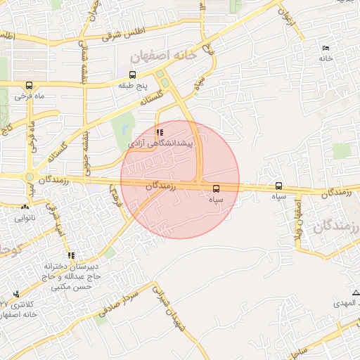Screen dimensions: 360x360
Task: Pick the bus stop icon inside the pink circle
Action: pyautogui.click(x=215, y=188)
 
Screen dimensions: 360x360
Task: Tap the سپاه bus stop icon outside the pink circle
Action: pyautogui.click(x=279, y=186)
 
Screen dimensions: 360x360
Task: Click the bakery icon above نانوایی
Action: pyautogui.click(x=26, y=207)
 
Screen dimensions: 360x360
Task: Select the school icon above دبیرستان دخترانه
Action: pyautogui.click(x=70, y=255)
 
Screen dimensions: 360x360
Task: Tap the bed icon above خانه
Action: pyautogui.click(x=325, y=47)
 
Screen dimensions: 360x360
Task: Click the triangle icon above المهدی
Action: pyautogui.click(x=355, y=292)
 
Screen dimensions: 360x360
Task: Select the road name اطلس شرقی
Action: pyautogui.click(x=121, y=33)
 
